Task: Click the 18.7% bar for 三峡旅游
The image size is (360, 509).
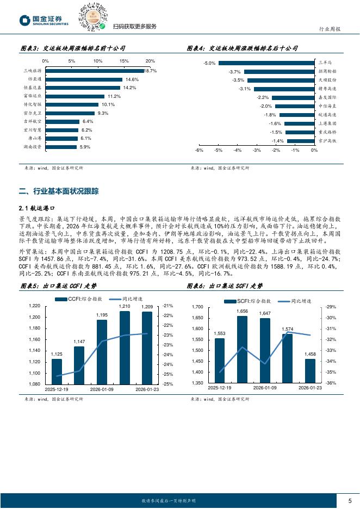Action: tap(94, 71)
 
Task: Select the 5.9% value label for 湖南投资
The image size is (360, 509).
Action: tap(85, 147)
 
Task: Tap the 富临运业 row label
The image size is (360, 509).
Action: tap(33, 96)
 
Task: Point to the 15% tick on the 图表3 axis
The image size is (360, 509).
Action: tap(124, 61)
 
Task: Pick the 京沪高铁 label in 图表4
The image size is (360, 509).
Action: tap(327, 140)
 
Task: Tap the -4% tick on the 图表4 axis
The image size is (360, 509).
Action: tap(237, 150)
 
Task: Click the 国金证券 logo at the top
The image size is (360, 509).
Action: tap(44, 21)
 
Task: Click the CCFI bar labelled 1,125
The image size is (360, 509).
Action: tap(57, 371)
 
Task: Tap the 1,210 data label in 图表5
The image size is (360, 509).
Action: tap(125, 307)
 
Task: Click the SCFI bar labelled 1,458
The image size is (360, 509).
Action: tap(310, 370)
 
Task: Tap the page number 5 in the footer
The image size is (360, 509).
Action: tap(350, 500)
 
